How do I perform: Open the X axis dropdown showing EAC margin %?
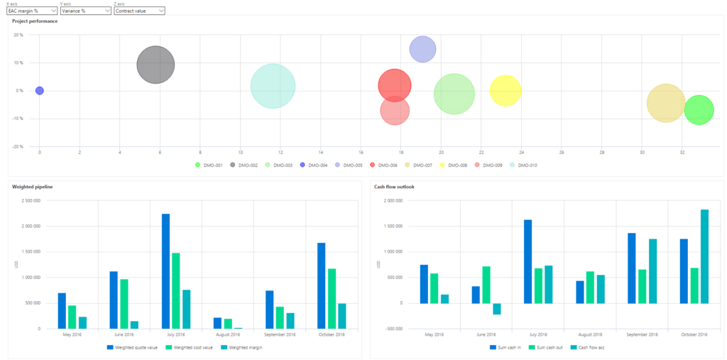point(32,11)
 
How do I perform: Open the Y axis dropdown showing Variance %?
point(85,11)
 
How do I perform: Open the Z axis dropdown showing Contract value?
point(139,11)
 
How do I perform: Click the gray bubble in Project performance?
point(155,65)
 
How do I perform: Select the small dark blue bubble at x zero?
point(40,91)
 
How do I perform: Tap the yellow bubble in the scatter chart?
point(505,91)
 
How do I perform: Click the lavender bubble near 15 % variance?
point(422,49)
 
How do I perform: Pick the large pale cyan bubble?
point(273,86)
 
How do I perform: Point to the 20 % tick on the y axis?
point(19,35)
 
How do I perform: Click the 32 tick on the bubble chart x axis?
point(682,152)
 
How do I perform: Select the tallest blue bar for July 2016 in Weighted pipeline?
point(165,271)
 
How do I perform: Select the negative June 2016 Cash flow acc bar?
point(496,309)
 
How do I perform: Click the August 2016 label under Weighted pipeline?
point(228,334)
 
